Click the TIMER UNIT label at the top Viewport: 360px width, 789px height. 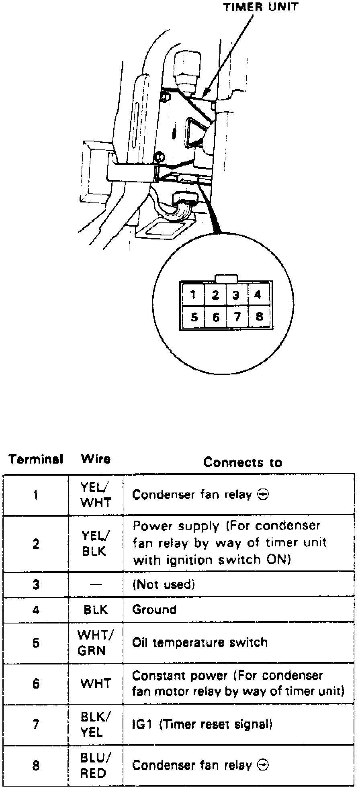click(x=261, y=7)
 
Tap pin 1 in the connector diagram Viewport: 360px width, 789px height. click(x=193, y=295)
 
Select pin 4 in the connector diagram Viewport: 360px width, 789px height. click(x=258, y=295)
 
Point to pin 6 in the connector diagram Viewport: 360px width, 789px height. click(x=216, y=317)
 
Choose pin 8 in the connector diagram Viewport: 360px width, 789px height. click(x=259, y=317)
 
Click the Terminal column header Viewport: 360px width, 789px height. click(x=36, y=459)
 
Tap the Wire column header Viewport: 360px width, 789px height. click(x=96, y=459)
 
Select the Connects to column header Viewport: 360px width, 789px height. click(x=243, y=462)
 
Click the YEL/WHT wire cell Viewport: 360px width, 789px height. click(x=95, y=495)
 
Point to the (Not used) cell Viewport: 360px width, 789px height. click(x=164, y=584)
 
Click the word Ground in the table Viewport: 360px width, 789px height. click(x=154, y=610)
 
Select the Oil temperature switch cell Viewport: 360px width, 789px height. click(x=200, y=642)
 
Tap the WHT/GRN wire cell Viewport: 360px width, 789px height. click(x=95, y=643)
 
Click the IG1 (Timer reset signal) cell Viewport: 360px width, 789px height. click(x=202, y=724)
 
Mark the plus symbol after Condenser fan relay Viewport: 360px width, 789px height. click(x=263, y=495)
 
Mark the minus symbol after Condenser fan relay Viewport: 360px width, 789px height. click(x=263, y=765)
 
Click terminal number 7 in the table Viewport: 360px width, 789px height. click(x=36, y=724)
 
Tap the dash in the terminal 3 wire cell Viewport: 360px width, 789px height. click(x=95, y=585)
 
